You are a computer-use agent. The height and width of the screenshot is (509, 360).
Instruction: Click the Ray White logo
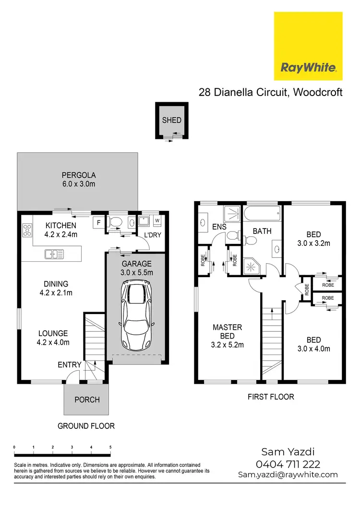tap(308, 46)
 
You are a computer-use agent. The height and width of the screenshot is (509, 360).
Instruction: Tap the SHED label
tap(171, 121)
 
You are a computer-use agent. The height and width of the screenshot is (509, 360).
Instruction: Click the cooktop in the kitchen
tap(26, 230)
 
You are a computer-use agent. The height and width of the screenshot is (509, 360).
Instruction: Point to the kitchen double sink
tap(55, 254)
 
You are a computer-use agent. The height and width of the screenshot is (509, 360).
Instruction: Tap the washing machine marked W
tap(157, 221)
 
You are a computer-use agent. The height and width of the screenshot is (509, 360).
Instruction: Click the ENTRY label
tap(70, 365)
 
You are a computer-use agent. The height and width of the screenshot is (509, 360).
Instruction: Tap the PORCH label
tap(87, 400)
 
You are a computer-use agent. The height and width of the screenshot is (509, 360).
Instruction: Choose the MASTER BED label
tap(228, 336)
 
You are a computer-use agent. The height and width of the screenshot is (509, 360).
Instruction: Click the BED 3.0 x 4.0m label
tap(313, 344)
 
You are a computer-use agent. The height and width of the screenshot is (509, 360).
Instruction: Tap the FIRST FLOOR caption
tap(271, 397)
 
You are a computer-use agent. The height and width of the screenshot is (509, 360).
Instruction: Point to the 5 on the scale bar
tap(110, 447)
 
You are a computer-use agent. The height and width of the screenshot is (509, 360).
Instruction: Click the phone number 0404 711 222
tap(288, 464)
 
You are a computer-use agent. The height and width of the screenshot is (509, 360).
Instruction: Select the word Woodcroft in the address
tap(316, 92)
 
